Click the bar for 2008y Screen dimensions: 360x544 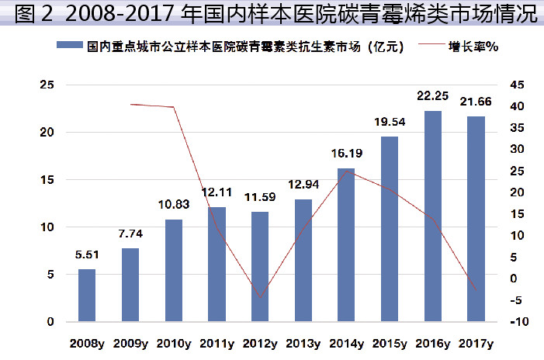click(x=87, y=296)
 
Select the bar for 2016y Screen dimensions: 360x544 click(x=432, y=216)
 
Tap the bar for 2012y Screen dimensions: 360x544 click(x=260, y=267)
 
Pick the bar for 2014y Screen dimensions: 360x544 click(x=346, y=245)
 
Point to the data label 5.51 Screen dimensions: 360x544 click(x=87, y=254)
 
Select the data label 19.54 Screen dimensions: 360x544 click(x=390, y=122)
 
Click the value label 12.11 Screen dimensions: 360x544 click(x=217, y=192)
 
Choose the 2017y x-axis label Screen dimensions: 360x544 click(x=476, y=342)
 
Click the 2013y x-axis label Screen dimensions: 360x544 click(x=303, y=342)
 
